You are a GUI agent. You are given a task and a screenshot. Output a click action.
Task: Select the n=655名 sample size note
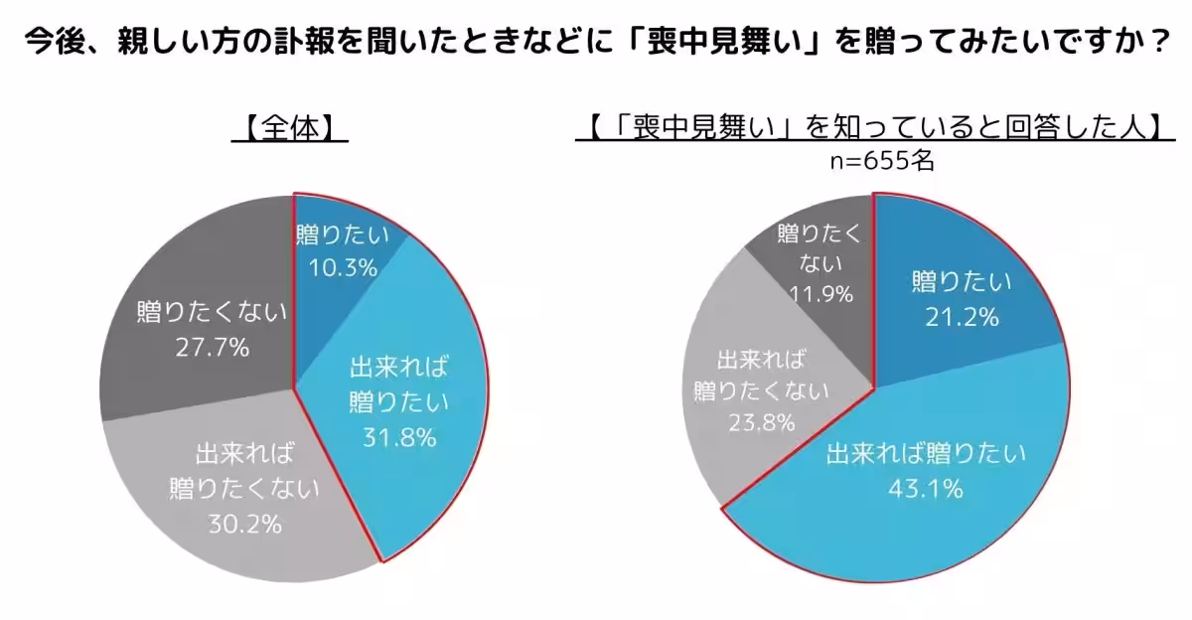point(875,161)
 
